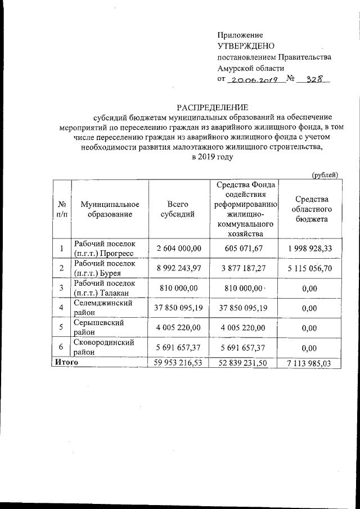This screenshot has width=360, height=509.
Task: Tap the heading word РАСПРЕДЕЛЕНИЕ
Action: pos(212,106)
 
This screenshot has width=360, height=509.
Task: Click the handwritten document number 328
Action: pos(313,79)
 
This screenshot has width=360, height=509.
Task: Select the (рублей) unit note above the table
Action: pos(325,175)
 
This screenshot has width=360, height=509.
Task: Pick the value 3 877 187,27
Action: pos(243,269)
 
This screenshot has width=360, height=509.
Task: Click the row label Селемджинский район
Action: pos(103,308)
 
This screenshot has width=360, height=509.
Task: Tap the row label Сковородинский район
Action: pos(104,347)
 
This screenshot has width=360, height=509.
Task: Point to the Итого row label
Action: pos(66,363)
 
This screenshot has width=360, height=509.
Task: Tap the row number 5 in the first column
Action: pos(61,327)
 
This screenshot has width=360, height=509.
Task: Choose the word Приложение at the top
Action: pos(240,35)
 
